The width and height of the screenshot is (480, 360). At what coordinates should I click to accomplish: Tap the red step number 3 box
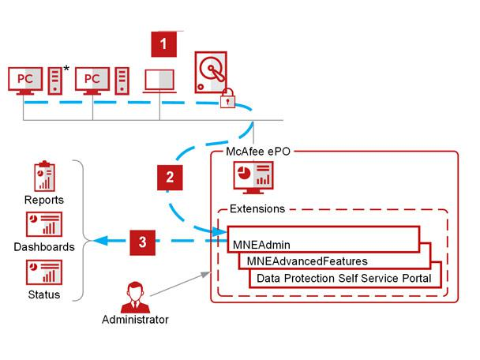pos(141,242)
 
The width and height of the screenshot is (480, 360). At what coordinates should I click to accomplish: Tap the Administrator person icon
pos(135,294)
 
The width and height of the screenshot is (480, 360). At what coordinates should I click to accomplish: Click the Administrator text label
pos(135,320)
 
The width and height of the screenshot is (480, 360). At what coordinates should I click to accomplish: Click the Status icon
pos(44,272)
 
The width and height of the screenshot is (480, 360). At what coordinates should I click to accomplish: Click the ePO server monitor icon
pos(254,180)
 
